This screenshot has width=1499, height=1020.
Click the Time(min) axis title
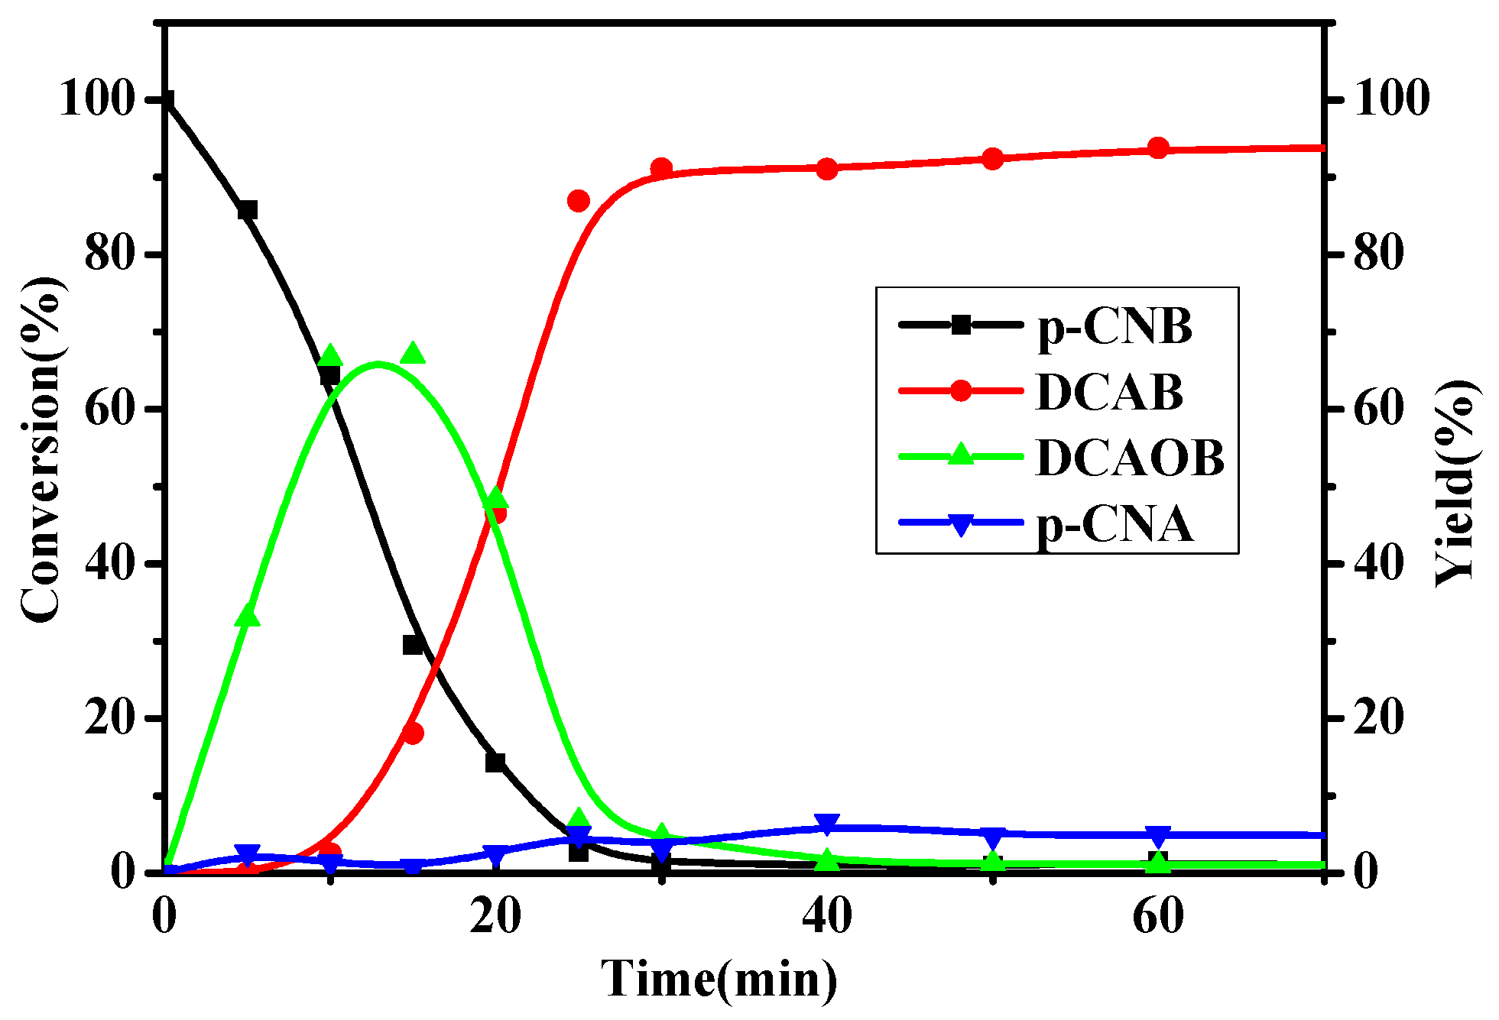(x=719, y=979)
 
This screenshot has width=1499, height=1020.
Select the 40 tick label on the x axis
(x=827, y=916)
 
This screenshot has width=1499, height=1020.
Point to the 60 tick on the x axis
(x=1158, y=916)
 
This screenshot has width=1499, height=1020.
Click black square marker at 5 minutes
(x=247, y=210)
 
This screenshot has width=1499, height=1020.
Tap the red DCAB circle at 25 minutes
(x=579, y=201)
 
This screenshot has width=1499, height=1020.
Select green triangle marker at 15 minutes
(x=413, y=354)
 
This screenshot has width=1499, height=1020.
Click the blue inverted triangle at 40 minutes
(x=827, y=824)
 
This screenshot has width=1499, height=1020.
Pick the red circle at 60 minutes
(x=1159, y=148)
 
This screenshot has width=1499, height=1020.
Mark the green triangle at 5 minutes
(x=248, y=616)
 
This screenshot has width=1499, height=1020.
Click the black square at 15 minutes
(x=413, y=645)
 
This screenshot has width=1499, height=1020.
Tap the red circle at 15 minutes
(x=413, y=733)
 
